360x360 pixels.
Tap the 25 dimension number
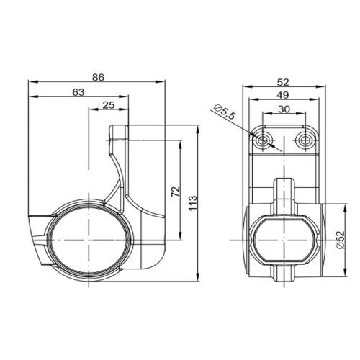(x=109, y=105)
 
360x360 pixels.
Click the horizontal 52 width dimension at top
(x=283, y=82)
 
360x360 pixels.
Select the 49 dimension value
(x=283, y=95)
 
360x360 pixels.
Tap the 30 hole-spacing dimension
(x=283, y=109)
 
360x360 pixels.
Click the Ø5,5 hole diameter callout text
(x=225, y=112)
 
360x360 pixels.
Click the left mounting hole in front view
(x=261, y=139)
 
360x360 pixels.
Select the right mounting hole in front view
(x=305, y=139)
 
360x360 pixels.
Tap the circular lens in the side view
(x=86, y=237)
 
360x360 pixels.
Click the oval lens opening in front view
(x=283, y=237)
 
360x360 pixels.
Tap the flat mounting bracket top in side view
(x=120, y=130)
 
